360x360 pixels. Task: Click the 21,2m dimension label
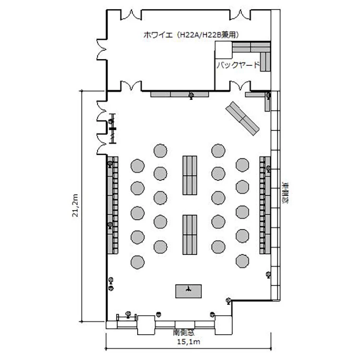coord(75,205)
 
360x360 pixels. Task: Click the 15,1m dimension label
coord(188,342)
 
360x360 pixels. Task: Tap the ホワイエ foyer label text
coord(158,35)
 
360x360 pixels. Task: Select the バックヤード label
coord(238,65)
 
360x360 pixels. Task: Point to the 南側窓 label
coord(184,332)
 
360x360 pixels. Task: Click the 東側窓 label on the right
coord(286,193)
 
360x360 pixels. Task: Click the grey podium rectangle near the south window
coord(189,291)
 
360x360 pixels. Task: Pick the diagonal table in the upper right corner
coord(242,119)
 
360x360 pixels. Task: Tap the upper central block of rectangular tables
coord(190,176)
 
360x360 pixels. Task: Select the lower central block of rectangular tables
coord(190,235)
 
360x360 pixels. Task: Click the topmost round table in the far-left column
coord(138,166)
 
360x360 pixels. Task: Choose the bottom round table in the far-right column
coord(242,261)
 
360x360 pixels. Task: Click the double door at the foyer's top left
coord(131,15)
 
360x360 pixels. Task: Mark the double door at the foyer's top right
coord(240,15)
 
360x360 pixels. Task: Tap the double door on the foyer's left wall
coord(102,49)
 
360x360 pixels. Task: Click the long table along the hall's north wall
coord(180,95)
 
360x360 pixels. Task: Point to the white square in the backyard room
coord(223,50)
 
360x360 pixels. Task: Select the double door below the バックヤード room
coord(240,85)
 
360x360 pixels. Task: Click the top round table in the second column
coord(160,151)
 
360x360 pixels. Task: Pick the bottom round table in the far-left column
coord(138,262)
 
